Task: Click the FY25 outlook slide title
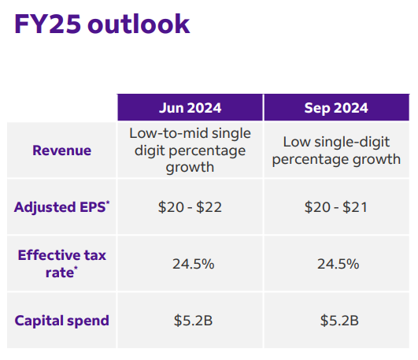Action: tap(102, 24)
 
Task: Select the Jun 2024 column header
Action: tap(190, 108)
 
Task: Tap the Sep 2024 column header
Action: tap(336, 108)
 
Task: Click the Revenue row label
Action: tap(62, 150)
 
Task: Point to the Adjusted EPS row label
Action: tap(62, 207)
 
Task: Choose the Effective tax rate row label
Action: tap(62, 264)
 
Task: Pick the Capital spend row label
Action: tap(62, 321)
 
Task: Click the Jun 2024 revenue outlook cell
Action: tap(190, 150)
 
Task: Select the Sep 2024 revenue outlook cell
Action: tap(336, 150)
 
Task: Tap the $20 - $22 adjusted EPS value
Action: tap(190, 207)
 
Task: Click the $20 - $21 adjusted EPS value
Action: tap(336, 207)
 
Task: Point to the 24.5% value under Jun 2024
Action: tap(194, 264)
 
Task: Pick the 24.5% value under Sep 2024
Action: tap(338, 264)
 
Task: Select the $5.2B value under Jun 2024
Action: tap(193, 321)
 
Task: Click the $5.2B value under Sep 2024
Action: tap(339, 321)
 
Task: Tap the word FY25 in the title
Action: tap(47, 24)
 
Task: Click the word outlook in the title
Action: tap(139, 24)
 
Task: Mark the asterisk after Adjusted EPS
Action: tap(108, 202)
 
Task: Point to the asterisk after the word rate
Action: tap(76, 268)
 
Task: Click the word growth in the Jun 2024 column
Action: tap(190, 168)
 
